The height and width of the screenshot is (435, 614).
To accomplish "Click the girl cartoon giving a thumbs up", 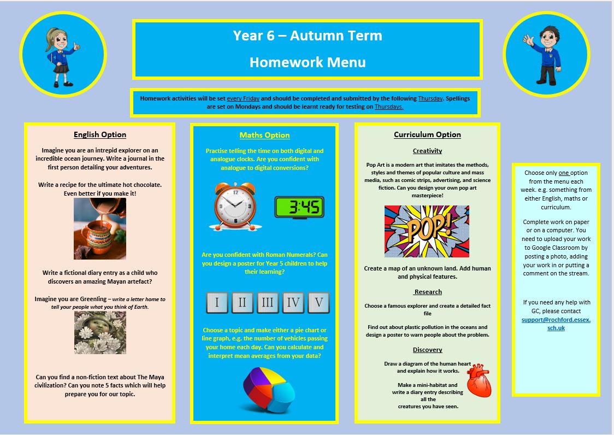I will point(61,55).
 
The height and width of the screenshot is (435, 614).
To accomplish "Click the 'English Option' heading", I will point(100,134).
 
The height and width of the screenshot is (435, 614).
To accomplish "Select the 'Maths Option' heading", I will point(264,135).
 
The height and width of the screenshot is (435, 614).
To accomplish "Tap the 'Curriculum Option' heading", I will point(427,134).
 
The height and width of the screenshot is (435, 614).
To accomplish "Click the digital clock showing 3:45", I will point(299,208).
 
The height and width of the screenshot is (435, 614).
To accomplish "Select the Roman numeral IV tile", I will point(293,302).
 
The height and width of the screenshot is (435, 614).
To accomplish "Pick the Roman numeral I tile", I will point(217,302).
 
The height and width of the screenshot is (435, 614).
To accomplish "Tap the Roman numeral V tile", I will point(318,302).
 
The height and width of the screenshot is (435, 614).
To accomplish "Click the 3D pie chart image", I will point(268,389).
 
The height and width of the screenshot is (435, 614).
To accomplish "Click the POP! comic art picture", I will point(426,231).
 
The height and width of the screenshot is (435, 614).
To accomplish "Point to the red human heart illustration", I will point(479,380).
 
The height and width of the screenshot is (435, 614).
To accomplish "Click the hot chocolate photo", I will point(100,228).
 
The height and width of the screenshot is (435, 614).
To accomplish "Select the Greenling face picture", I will point(100,333).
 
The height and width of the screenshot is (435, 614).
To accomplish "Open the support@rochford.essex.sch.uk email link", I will point(556,324).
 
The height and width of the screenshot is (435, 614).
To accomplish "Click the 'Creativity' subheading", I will point(427,151).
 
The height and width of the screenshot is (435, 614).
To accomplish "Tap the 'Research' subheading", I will point(428,292).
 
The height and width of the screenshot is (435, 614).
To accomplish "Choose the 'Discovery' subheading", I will point(427,350).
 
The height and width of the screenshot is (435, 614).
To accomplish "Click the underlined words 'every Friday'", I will point(243,98).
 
